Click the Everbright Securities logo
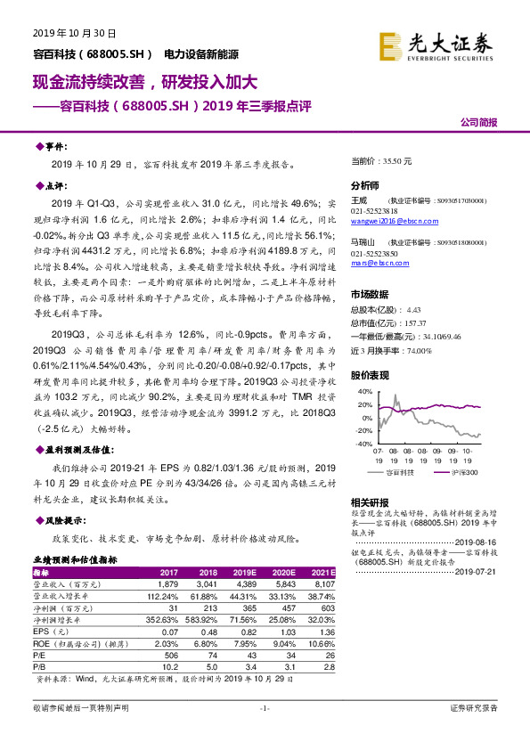(435, 45)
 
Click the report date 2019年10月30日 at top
(65, 34)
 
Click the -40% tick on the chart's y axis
(363, 443)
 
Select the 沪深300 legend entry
(461, 471)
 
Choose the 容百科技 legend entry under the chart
(404, 471)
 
